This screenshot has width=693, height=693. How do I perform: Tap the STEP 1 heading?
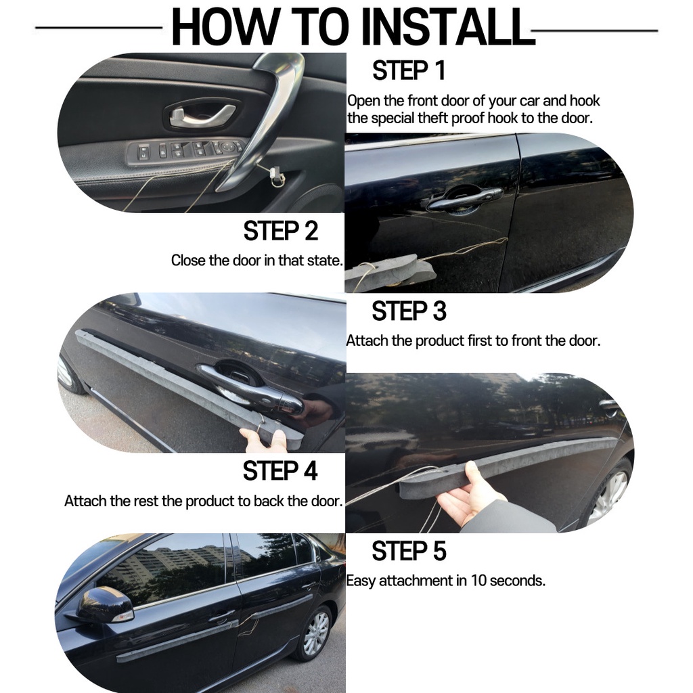click(408, 70)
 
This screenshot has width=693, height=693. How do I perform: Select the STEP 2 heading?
click(281, 231)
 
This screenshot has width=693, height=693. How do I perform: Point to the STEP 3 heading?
click(409, 311)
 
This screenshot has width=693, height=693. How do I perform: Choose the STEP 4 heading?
click(280, 470)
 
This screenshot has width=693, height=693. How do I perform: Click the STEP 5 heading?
click(409, 551)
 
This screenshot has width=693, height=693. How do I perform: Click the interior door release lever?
click(202, 115)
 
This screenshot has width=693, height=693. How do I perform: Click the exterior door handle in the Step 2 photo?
click(464, 200)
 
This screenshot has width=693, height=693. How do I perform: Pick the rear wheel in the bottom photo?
click(314, 633)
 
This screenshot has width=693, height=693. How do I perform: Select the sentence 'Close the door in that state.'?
click(257, 261)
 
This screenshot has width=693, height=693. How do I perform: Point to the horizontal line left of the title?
click(99, 28)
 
